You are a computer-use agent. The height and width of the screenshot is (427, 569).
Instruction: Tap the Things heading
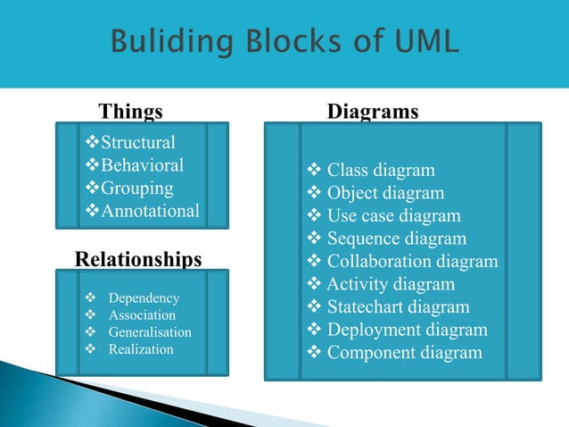pyautogui.click(x=130, y=112)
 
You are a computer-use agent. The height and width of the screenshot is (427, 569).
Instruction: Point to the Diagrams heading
pyautogui.click(x=373, y=112)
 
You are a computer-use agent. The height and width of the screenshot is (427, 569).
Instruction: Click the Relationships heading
pyautogui.click(x=138, y=259)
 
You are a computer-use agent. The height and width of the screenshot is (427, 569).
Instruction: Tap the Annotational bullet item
pyautogui.click(x=148, y=212)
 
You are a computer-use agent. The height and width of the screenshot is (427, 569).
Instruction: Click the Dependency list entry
pyautogui.click(x=143, y=297)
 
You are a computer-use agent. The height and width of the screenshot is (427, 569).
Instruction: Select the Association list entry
pyautogui.click(x=142, y=314)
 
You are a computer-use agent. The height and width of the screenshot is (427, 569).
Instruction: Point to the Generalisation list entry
pyautogui.click(x=149, y=331)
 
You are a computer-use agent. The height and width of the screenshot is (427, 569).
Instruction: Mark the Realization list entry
pyautogui.click(x=140, y=348)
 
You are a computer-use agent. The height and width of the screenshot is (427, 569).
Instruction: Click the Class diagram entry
pyautogui.click(x=380, y=170)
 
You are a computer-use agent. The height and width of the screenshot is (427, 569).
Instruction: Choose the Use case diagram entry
pyautogui.click(x=393, y=215)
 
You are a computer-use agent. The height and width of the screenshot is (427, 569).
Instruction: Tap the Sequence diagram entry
pyautogui.click(x=396, y=239)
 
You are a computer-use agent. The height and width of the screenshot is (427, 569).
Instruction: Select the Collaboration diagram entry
pyautogui.click(x=412, y=262)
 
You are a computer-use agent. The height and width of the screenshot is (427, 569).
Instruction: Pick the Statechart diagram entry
pyautogui.click(x=398, y=307)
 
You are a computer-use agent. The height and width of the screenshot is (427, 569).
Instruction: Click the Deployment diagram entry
pyautogui.click(x=407, y=330)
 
